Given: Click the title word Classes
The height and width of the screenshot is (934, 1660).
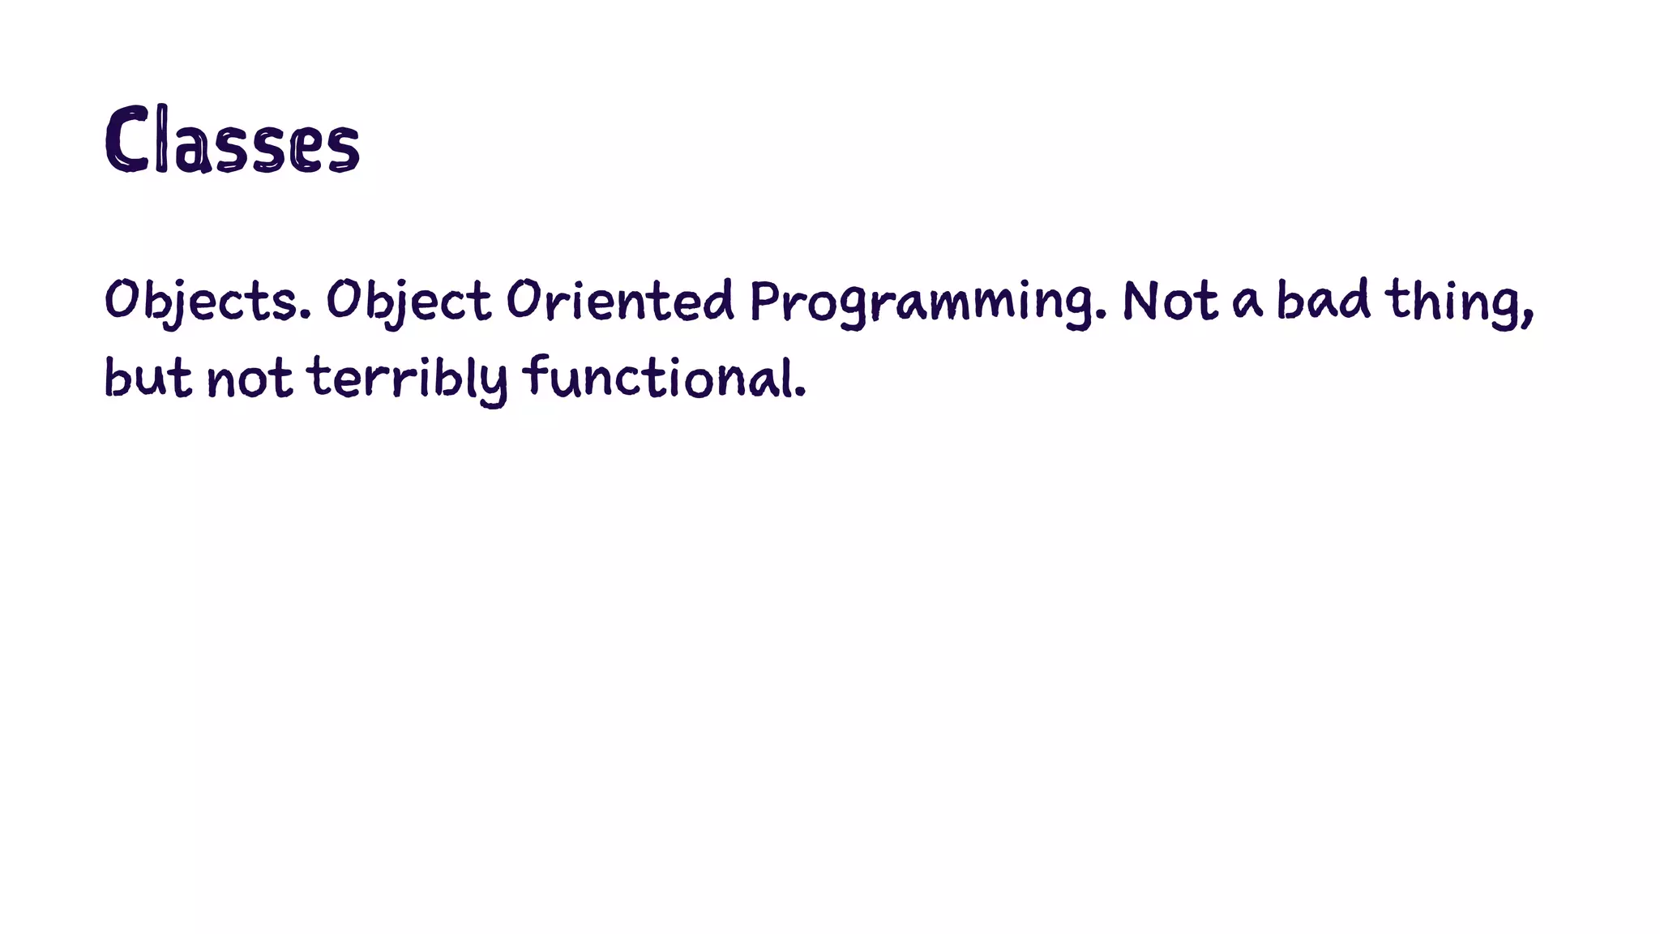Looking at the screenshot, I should (233, 139).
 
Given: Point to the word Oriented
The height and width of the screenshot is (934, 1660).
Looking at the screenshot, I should (620, 300).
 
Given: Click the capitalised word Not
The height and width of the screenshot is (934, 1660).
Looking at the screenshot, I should (1170, 300).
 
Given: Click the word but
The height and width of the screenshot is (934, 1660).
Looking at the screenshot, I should (148, 379).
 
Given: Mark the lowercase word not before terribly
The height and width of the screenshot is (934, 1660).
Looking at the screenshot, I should (249, 379).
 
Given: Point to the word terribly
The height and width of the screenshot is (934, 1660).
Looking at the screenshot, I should (407, 379).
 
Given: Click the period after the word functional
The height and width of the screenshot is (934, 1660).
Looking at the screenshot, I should (801, 394).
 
